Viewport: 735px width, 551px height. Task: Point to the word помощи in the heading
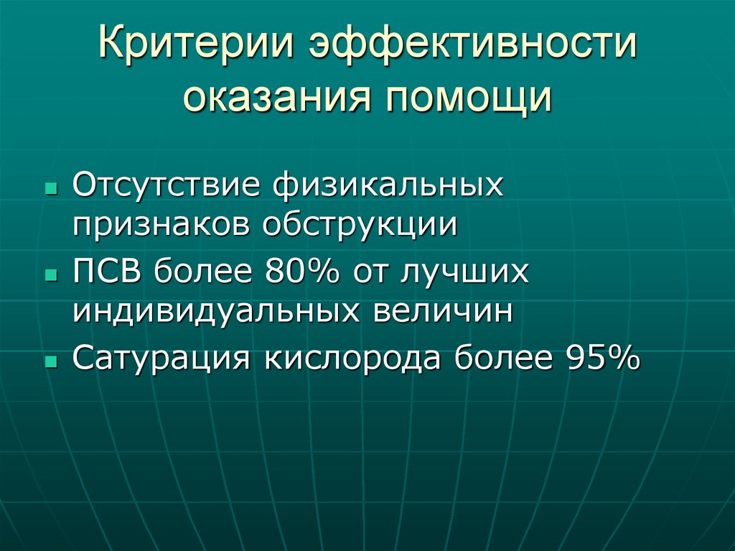[471, 99]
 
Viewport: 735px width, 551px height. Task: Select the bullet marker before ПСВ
[50, 275]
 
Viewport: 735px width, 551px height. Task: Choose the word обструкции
[360, 224]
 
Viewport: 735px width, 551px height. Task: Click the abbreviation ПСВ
[108, 273]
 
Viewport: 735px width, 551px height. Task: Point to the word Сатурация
[161, 358]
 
